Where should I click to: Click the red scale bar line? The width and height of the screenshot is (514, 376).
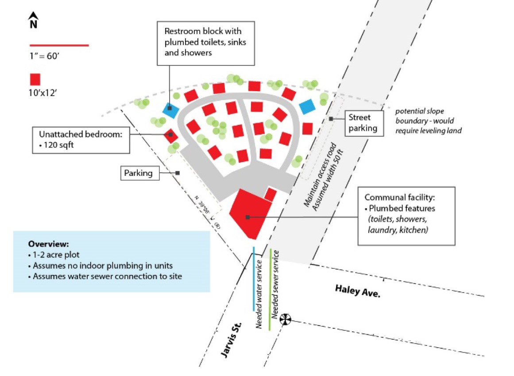[59, 45]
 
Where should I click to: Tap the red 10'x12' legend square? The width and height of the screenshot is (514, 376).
[35, 79]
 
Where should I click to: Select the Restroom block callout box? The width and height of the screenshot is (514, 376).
[206, 43]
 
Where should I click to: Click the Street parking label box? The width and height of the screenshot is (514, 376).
[362, 123]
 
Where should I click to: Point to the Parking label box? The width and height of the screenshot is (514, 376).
[140, 173]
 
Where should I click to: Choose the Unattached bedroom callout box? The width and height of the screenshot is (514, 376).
[81, 140]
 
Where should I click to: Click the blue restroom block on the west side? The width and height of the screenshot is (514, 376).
[170, 109]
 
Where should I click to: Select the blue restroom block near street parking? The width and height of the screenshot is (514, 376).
[307, 106]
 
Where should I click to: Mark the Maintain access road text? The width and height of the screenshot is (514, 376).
[318, 175]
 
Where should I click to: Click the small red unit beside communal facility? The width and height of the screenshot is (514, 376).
[270, 194]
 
